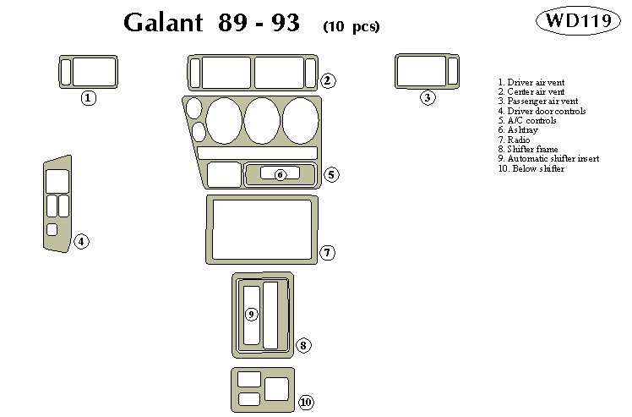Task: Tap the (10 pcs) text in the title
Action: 351,26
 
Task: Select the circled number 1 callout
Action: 89,98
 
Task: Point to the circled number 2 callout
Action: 329,81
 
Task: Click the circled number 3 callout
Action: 428,97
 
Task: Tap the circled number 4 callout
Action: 81,242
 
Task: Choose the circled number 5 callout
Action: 331,174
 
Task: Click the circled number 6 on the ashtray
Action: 281,174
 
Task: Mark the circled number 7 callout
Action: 328,252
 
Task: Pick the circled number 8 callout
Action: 304,345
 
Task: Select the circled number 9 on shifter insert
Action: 251,315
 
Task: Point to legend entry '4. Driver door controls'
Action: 542,111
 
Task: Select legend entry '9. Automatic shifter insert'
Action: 548,158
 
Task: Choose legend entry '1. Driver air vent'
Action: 531,82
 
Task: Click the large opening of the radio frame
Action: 262,229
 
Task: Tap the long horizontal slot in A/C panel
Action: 257,153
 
